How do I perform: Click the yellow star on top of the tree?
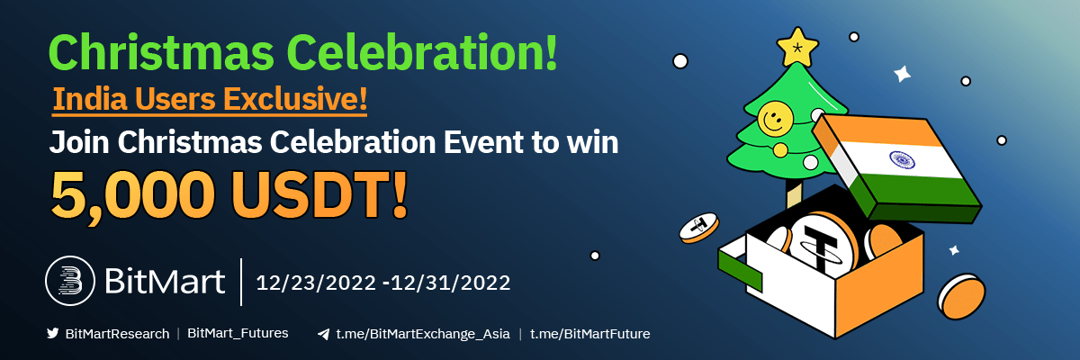[x=797, y=47]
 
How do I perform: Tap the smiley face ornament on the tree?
[x=775, y=119]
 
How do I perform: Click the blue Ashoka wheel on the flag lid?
[x=902, y=159]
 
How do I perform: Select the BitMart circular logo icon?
[x=70, y=281]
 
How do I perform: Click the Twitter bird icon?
[x=52, y=333]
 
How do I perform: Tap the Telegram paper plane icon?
[x=323, y=334]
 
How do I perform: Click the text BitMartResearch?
[x=117, y=334]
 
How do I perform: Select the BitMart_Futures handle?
[x=238, y=333]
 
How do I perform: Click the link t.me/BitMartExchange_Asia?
[x=423, y=334]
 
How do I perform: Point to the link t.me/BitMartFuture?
[x=589, y=334]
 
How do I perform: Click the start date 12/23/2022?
[x=316, y=283]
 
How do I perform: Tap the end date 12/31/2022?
[x=450, y=283]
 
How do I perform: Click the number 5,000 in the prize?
[x=133, y=195]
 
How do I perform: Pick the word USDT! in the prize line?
[x=319, y=194]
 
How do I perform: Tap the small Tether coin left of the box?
[x=698, y=228]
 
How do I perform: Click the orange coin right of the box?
[x=961, y=296]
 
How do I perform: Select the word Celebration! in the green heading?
[x=423, y=52]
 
